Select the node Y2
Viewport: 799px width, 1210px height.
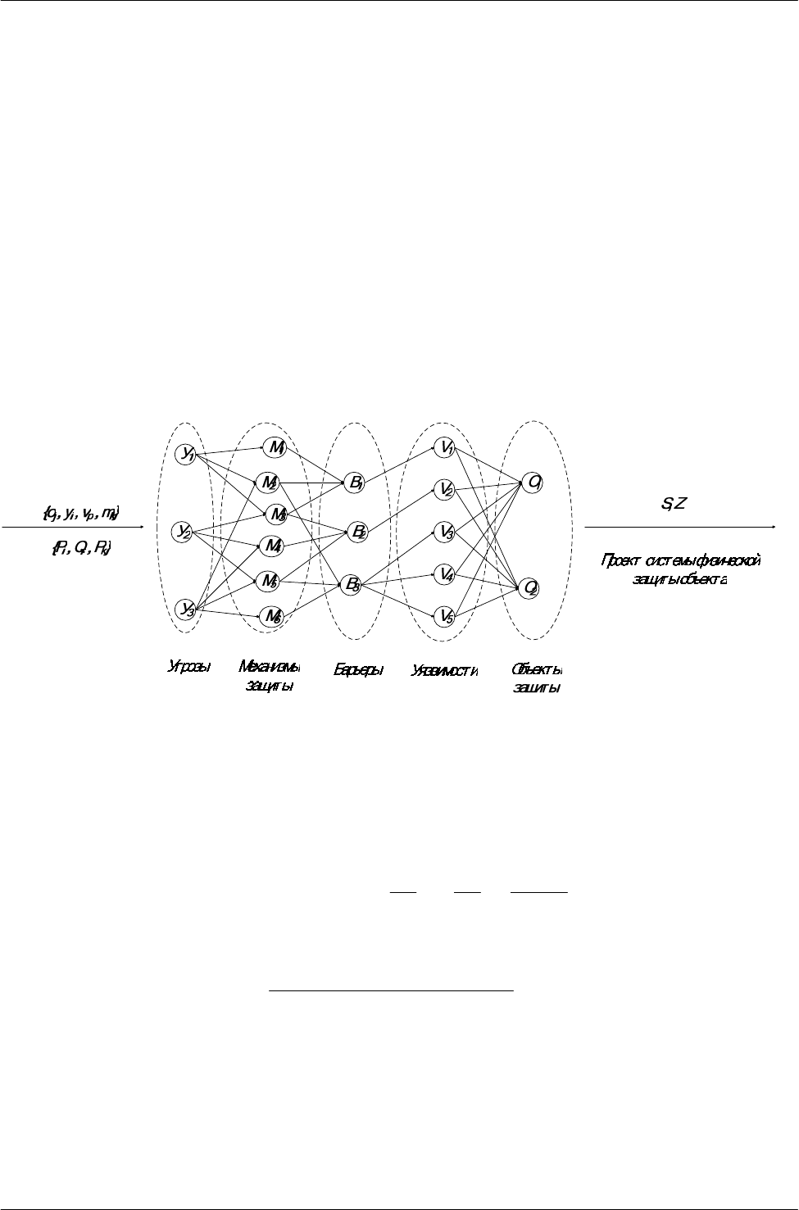[183, 532]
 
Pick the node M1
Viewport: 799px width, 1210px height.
[274, 446]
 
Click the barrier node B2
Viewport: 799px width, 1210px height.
[356, 532]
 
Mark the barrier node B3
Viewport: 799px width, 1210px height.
[351, 585]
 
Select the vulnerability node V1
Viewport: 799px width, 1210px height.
[447, 447]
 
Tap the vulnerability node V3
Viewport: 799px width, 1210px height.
[447, 532]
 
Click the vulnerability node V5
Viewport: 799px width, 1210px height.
[446, 615]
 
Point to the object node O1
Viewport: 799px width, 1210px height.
[533, 483]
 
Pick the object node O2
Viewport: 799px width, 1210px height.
[530, 587]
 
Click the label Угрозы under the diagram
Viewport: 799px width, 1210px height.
[189, 667]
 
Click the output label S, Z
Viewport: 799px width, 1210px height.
[678, 504]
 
